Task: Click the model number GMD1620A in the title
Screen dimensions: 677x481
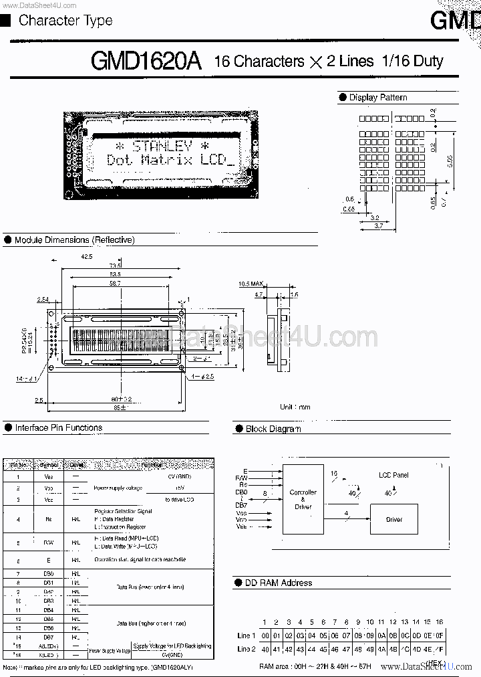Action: (x=146, y=61)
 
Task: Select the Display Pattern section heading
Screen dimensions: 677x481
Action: (x=377, y=98)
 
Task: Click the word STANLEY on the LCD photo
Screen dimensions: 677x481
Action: (x=162, y=145)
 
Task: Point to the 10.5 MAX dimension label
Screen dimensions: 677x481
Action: (x=251, y=284)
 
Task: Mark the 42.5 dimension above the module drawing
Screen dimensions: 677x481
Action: (x=87, y=256)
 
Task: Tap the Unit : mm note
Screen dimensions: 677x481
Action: (x=295, y=407)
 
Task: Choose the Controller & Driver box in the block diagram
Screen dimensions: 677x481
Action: (x=303, y=500)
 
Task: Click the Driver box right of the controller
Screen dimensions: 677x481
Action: (x=394, y=519)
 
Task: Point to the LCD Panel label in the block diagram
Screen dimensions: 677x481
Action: (x=393, y=475)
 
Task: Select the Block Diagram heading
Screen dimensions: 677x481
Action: (x=273, y=429)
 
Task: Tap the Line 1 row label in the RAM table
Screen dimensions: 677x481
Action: (x=246, y=636)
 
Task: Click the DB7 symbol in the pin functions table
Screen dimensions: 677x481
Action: (x=48, y=638)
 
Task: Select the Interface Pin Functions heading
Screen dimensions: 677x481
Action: (x=58, y=427)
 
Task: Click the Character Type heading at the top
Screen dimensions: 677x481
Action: (x=65, y=21)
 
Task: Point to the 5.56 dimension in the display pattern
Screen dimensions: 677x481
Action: (x=450, y=161)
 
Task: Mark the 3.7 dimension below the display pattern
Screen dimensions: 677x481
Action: (x=378, y=227)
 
